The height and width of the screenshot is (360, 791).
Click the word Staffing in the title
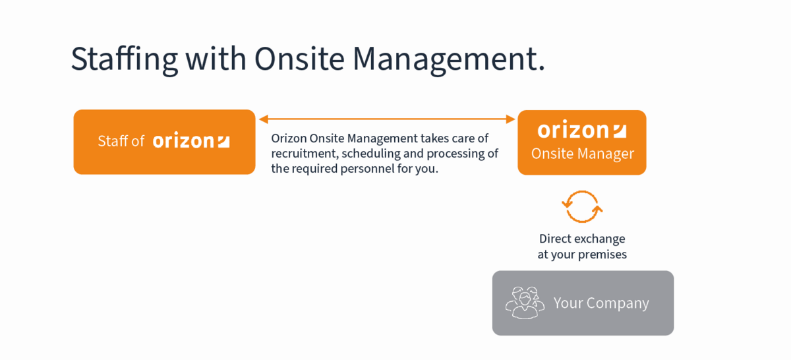125,59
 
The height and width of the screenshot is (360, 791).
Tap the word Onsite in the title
299,59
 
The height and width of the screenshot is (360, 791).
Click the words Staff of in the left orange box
121,141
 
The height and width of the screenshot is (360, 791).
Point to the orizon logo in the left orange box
191,141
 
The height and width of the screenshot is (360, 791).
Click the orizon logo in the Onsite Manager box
582,130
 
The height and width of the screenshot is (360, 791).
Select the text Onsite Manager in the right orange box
583,154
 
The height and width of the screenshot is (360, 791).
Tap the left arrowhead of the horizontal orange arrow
264,119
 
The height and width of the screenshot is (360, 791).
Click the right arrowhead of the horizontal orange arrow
511,119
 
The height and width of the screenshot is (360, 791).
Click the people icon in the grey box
525,303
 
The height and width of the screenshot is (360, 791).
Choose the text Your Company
601,303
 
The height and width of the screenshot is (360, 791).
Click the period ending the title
541,69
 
